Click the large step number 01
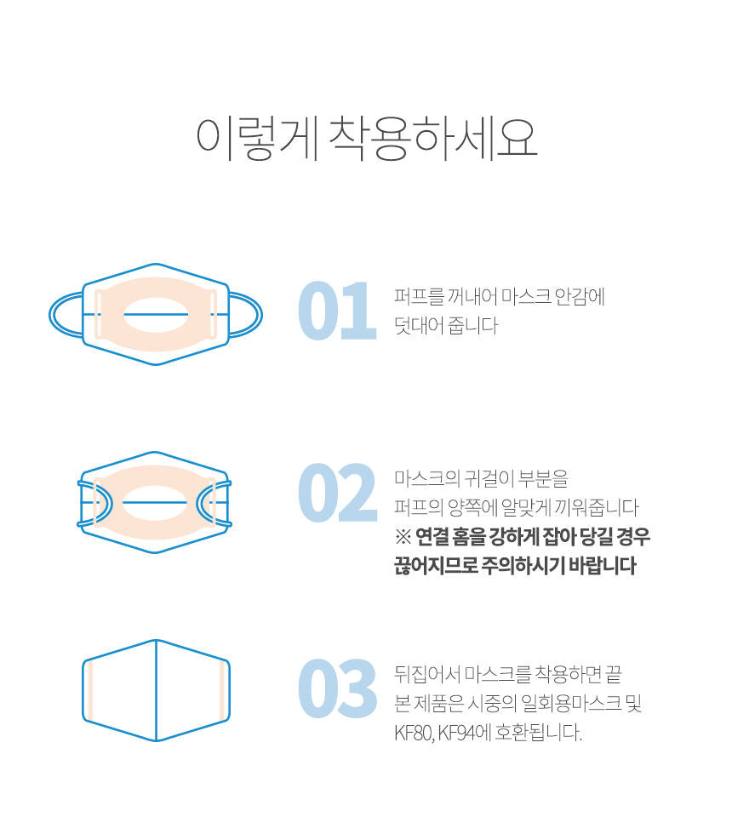(x=337, y=311)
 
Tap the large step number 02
(x=337, y=493)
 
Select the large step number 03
(x=337, y=688)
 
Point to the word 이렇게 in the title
(x=257, y=139)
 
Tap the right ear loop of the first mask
(x=246, y=315)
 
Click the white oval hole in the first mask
(x=156, y=315)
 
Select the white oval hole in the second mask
(x=155, y=502)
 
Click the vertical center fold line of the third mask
(x=157, y=690)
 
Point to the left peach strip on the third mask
(x=89, y=691)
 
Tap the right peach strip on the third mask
(x=223, y=691)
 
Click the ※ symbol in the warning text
(x=403, y=537)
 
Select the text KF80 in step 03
(x=414, y=734)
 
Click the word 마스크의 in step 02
(x=427, y=479)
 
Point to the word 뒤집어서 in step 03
(x=427, y=674)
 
